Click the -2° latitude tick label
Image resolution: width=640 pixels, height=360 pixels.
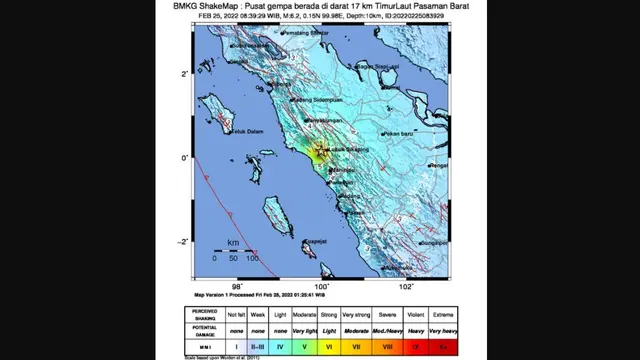pos(184,241)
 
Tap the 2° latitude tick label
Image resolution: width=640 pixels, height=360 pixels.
pos(184,74)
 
